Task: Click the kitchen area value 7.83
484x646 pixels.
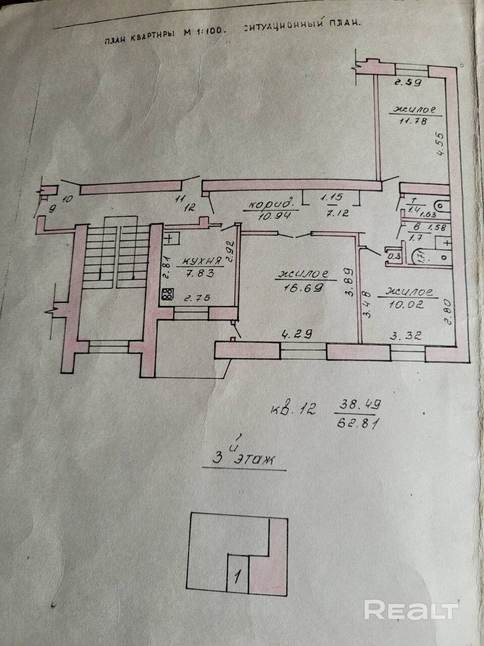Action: (x=201, y=274)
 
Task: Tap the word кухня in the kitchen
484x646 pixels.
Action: (x=202, y=261)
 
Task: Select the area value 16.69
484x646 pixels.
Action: (x=302, y=287)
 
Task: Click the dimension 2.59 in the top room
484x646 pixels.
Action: (x=408, y=82)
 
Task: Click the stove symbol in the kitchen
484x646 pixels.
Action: (x=168, y=294)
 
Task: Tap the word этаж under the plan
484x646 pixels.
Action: (x=251, y=459)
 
